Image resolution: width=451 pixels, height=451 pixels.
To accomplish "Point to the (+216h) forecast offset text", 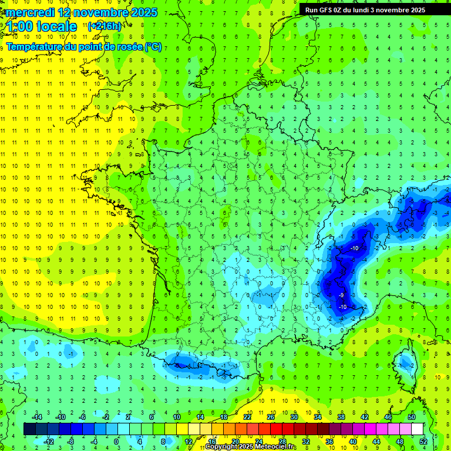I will point(105,26).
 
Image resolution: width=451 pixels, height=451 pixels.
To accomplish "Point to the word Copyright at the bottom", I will point(221,447).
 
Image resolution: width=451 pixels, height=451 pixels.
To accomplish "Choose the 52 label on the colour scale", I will point(423,442).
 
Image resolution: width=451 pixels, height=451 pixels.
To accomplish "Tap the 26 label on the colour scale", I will point(271,416).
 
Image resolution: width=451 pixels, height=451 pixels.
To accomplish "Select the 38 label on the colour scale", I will point(341,416).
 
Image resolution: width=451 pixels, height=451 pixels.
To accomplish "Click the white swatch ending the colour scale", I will point(417,429).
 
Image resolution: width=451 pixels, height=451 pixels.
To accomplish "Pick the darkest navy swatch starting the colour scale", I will point(29,429).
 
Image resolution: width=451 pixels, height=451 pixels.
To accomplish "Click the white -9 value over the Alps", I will point(341,295).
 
